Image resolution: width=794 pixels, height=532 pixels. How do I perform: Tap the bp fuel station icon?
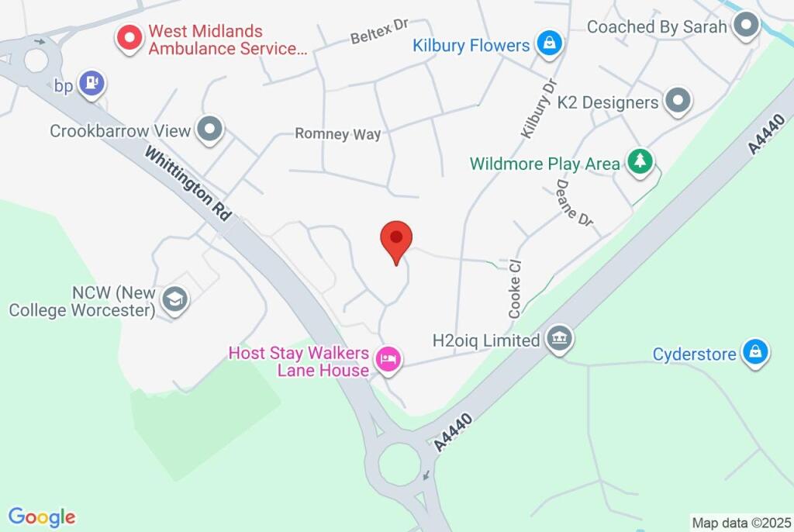93,84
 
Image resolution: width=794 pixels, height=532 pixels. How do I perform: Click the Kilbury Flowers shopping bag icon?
549,43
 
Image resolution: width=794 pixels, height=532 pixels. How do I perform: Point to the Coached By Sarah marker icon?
747,26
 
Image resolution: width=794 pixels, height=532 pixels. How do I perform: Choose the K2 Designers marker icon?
678,101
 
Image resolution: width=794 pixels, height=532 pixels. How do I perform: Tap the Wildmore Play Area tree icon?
640,162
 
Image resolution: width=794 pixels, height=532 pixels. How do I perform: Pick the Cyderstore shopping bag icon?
754,353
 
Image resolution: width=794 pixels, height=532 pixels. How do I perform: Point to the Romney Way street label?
337,133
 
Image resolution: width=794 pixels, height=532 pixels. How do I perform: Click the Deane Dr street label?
574,202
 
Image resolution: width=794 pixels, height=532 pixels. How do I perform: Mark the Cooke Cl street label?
516,288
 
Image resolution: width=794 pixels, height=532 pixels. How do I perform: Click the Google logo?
42,516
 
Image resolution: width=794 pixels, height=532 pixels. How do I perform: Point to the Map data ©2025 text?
741,523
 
